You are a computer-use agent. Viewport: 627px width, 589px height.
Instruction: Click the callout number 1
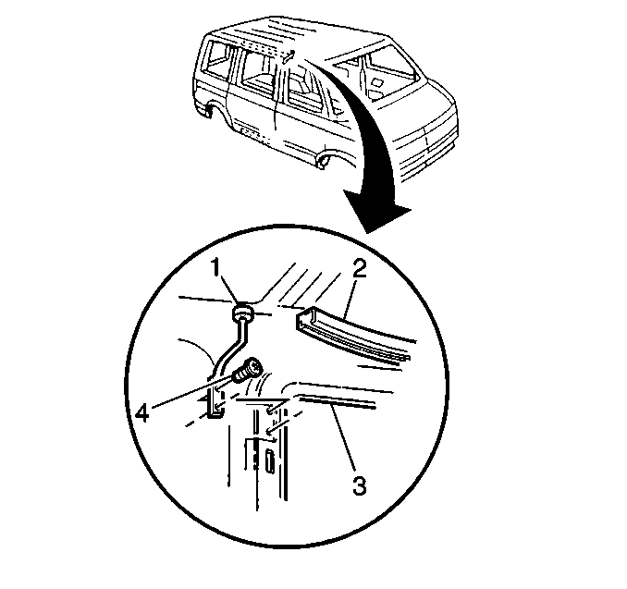click(x=215, y=267)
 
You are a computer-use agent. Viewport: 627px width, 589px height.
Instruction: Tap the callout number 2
click(x=359, y=268)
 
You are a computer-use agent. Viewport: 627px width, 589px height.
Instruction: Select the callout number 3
click(x=359, y=485)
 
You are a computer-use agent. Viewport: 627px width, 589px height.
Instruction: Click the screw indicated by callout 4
click(x=248, y=370)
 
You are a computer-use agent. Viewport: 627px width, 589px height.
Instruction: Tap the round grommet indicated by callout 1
click(x=242, y=313)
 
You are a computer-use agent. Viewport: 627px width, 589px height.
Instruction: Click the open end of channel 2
click(x=305, y=319)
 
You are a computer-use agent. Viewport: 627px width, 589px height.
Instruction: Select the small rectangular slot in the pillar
click(x=270, y=460)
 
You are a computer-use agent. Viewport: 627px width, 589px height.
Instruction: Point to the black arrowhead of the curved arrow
click(x=375, y=211)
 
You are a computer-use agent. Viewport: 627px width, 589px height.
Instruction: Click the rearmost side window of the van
click(x=218, y=60)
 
